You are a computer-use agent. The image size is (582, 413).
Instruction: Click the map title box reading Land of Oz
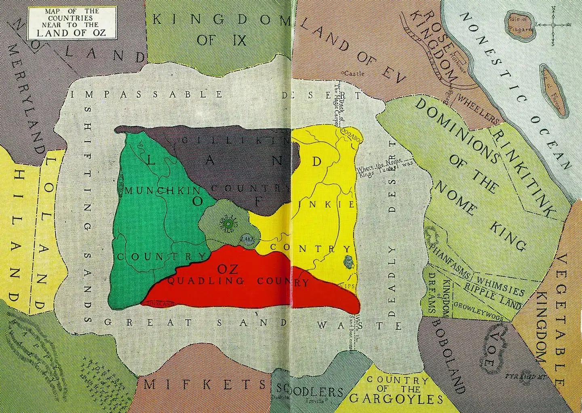click(72, 23)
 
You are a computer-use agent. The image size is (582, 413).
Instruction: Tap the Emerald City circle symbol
click(228, 223)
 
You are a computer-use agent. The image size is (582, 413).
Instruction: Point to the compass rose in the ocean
click(553, 25)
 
